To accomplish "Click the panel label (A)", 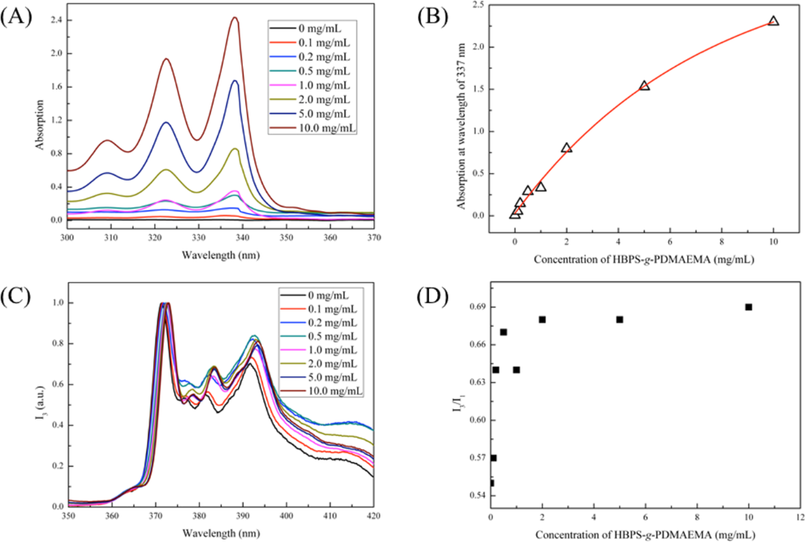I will (17, 18).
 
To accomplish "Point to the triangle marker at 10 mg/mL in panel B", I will (774, 21).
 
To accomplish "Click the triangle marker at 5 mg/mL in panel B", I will (645, 86).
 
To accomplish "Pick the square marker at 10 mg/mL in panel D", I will (748, 307).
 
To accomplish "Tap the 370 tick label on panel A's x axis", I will (373, 236).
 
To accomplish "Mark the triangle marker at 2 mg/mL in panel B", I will (567, 148).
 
